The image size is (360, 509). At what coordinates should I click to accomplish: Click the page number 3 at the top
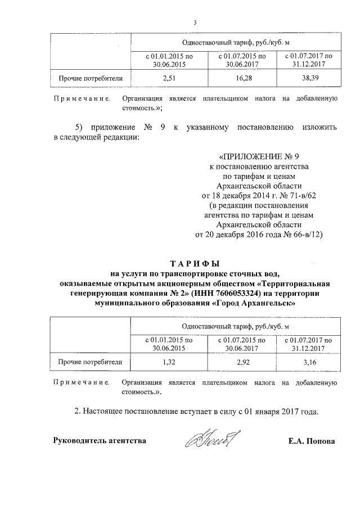[x=194, y=23]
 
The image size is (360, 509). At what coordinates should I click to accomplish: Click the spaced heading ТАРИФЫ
[x=195, y=263]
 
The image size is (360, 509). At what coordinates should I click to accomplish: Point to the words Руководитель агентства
[x=100, y=441]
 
